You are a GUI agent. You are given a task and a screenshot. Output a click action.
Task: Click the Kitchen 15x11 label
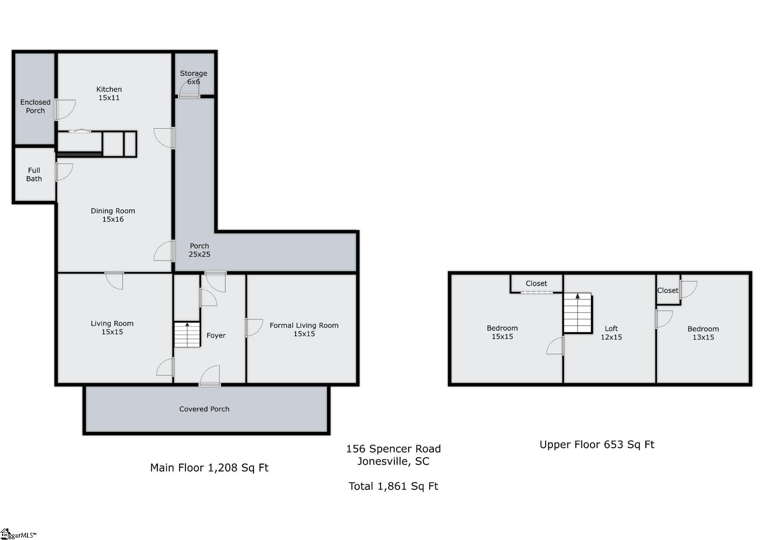pyautogui.click(x=109, y=93)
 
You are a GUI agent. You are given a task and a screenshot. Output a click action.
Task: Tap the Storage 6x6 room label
pyautogui.click(x=193, y=77)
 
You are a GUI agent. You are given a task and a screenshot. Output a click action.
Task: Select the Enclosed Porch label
pyautogui.click(x=35, y=107)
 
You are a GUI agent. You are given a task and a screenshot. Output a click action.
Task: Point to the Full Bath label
pyautogui.click(x=34, y=175)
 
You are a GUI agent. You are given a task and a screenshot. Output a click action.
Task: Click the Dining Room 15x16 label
pyautogui.click(x=113, y=215)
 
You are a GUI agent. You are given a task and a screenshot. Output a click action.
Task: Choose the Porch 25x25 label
pyautogui.click(x=199, y=250)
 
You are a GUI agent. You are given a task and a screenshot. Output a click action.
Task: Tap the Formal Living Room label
pyautogui.click(x=304, y=329)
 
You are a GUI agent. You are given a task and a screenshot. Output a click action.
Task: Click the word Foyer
pyautogui.click(x=216, y=335)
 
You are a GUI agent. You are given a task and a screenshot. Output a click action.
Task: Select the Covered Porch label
pyautogui.click(x=204, y=409)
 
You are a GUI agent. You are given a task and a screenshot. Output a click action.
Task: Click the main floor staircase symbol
pyautogui.click(x=187, y=334)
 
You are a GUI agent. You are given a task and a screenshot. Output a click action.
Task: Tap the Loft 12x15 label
pyautogui.click(x=611, y=332)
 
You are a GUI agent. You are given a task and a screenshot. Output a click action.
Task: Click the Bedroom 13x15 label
pyautogui.click(x=703, y=333)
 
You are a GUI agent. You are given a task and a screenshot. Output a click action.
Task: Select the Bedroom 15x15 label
pyautogui.click(x=502, y=332)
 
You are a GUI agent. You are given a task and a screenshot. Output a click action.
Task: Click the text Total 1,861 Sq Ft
pyautogui.click(x=393, y=486)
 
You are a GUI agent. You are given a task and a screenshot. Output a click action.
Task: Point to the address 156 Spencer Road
pyautogui.click(x=393, y=449)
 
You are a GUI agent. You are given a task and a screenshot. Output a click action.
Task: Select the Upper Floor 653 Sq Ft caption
pyautogui.click(x=596, y=444)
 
